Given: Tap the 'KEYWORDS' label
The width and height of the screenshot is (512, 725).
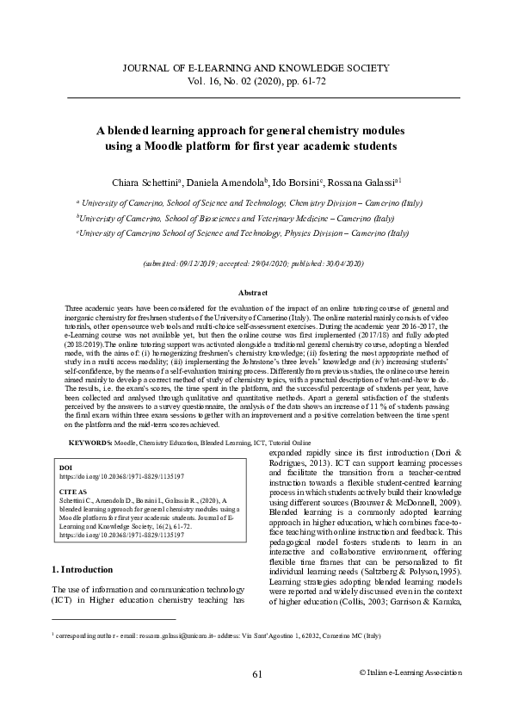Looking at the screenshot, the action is pyautogui.click(x=89, y=442).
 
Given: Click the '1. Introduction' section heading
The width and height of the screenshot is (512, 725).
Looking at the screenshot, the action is pyautogui.click(x=83, y=569).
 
